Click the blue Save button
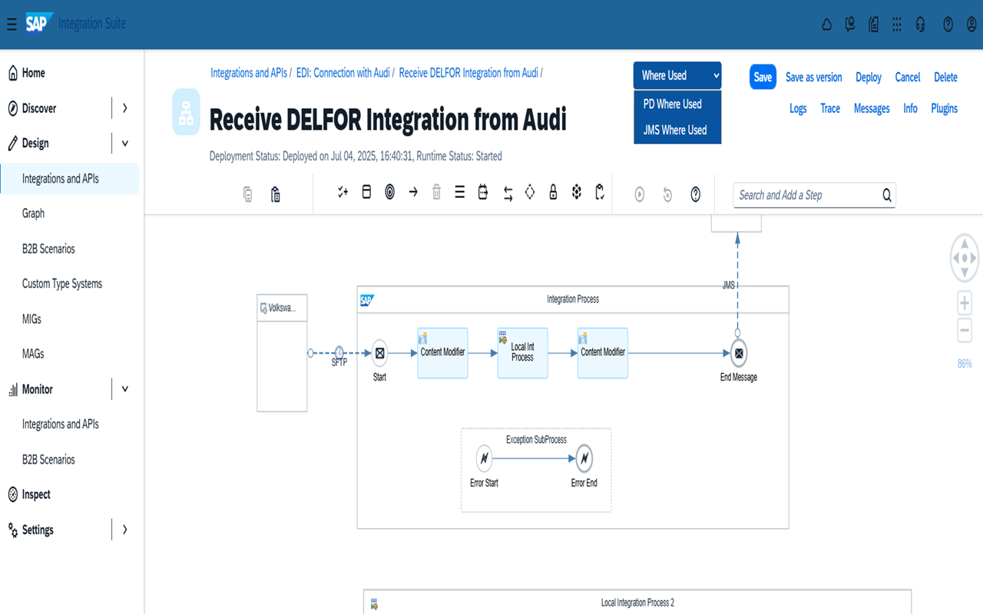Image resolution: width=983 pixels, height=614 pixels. (763, 77)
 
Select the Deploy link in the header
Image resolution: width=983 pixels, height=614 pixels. (869, 78)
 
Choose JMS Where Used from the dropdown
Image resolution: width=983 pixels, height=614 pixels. (675, 130)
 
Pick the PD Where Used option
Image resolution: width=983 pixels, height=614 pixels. (673, 104)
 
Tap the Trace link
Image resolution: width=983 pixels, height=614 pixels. (830, 109)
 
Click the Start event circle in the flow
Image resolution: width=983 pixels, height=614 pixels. (379, 353)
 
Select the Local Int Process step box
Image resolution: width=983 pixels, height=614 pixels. (522, 353)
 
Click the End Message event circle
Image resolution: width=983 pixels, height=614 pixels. (739, 353)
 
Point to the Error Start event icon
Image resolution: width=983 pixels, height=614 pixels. (484, 459)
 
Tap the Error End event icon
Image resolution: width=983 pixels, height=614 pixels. (584, 459)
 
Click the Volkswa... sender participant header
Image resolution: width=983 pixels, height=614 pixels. (282, 308)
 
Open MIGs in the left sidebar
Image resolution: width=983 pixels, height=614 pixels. (31, 319)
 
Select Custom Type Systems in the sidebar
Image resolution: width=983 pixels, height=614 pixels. (62, 284)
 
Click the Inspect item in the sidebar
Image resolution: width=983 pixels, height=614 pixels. (36, 495)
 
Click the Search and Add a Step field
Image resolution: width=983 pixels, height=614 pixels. (806, 196)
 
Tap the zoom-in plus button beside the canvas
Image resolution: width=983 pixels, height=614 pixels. (965, 302)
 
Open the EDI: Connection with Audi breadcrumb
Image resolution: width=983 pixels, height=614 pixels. (343, 73)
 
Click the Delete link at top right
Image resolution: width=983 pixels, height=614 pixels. (945, 78)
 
